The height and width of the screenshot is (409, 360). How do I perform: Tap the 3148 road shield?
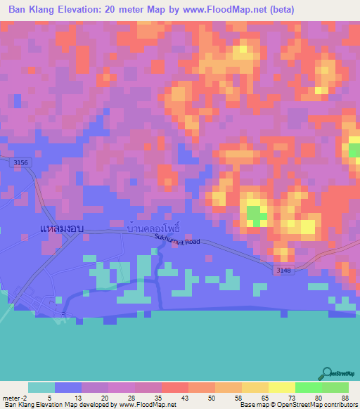coord(283,268)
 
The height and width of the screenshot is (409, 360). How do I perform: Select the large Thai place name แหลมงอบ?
coord(62,229)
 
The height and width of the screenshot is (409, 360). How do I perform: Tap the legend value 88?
coord(344,397)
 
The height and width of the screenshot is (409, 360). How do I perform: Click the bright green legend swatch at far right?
coord(335,387)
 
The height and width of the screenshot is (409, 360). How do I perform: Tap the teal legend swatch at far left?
coord(41,387)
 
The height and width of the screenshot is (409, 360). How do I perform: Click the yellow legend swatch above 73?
coord(282,387)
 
